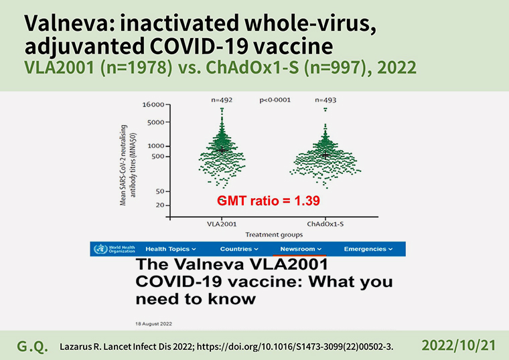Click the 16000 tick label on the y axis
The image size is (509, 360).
(x=153, y=105)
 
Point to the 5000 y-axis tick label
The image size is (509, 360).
(x=156, y=122)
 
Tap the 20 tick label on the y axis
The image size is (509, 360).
(x=160, y=205)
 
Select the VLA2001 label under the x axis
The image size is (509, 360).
(x=222, y=224)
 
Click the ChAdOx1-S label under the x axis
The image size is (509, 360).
(x=325, y=224)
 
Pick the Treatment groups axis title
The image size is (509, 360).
(x=274, y=234)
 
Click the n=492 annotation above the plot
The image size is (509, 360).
(x=222, y=100)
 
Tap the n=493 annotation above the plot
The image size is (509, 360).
(x=325, y=100)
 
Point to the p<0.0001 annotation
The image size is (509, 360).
(x=275, y=100)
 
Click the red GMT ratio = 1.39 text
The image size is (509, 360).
(x=269, y=201)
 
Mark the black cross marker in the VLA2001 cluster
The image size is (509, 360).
(x=222, y=150)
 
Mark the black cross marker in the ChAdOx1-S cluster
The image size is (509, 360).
(x=325, y=155)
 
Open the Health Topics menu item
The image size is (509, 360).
(x=171, y=249)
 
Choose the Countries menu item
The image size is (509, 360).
(x=239, y=249)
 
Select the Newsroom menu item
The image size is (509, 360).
(x=301, y=249)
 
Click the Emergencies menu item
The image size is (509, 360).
(x=368, y=249)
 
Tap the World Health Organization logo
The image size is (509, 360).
(x=115, y=249)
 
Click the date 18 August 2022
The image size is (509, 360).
(x=153, y=324)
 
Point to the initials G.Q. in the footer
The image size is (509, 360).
(x=32, y=347)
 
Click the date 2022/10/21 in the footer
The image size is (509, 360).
(x=459, y=346)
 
